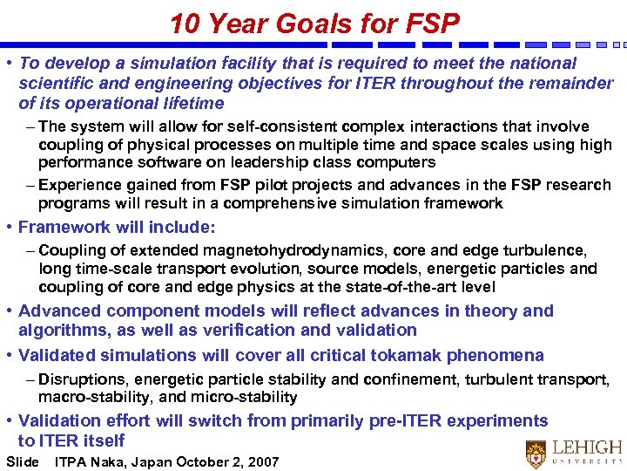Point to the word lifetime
pos(192,104)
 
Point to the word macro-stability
pos(85,397)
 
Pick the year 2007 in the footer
pos(261,462)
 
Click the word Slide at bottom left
pos(23,462)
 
